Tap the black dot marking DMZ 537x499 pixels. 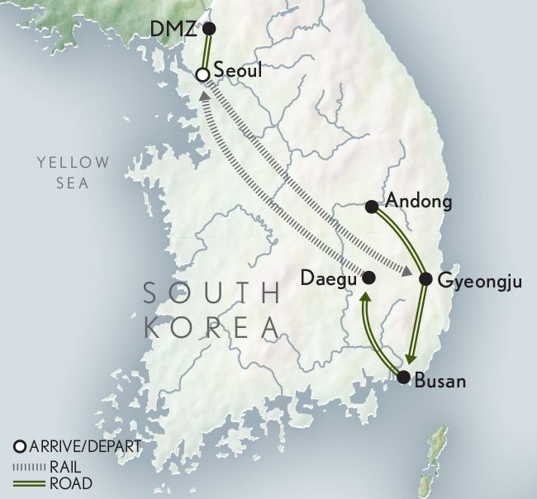coord(209,29)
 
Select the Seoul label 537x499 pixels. coord(237,71)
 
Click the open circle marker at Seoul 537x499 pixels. coord(201,75)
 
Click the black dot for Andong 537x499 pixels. coord(371,206)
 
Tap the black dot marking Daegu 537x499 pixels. coord(369,278)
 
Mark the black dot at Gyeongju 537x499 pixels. coord(425,279)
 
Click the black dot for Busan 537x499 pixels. coord(403,378)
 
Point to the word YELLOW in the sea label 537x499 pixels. coord(72,163)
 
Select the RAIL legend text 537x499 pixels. coord(66,466)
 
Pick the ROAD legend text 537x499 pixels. coord(70,483)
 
